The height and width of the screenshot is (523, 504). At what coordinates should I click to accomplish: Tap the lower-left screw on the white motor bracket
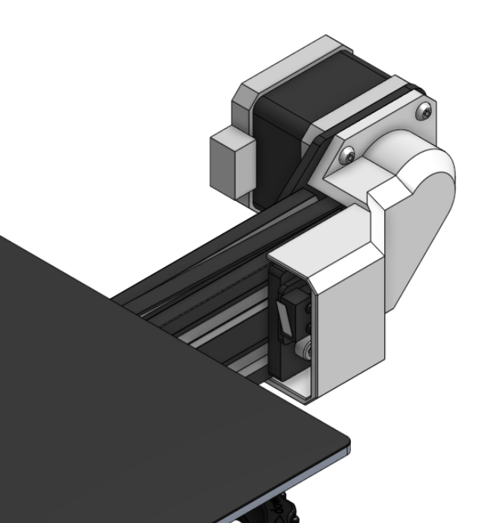point(348,155)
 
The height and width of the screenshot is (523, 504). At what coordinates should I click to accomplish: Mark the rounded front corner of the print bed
point(346,446)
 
